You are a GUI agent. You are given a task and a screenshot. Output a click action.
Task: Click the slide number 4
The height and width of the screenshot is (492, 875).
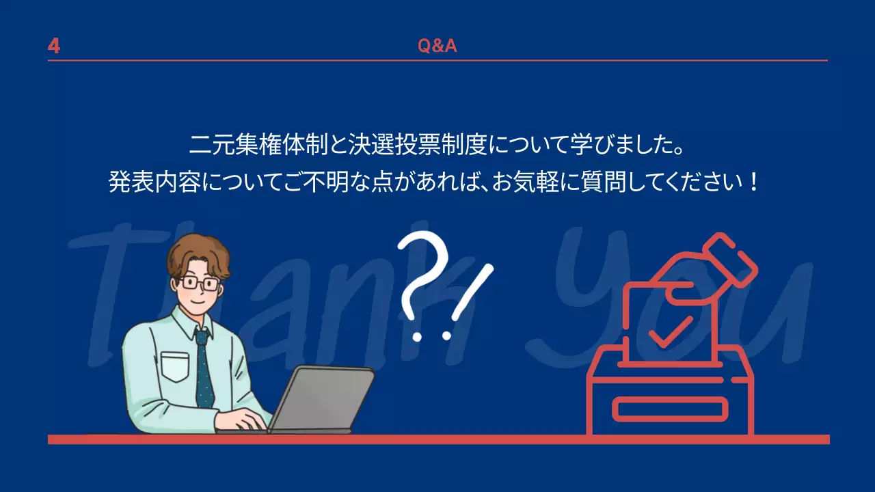54,46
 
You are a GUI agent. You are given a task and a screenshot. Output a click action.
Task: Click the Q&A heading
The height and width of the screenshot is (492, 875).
437,46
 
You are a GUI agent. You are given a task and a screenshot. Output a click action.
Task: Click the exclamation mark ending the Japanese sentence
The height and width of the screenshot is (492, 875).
753,182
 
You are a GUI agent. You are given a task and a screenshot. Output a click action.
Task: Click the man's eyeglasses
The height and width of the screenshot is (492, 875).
200,282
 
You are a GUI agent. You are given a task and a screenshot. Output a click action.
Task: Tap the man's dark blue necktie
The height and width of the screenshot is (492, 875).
204,369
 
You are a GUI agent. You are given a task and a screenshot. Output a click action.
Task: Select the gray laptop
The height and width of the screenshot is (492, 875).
321,400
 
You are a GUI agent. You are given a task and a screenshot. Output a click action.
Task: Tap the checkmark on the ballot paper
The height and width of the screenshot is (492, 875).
670,331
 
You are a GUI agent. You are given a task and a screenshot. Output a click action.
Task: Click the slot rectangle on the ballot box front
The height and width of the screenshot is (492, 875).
670,409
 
